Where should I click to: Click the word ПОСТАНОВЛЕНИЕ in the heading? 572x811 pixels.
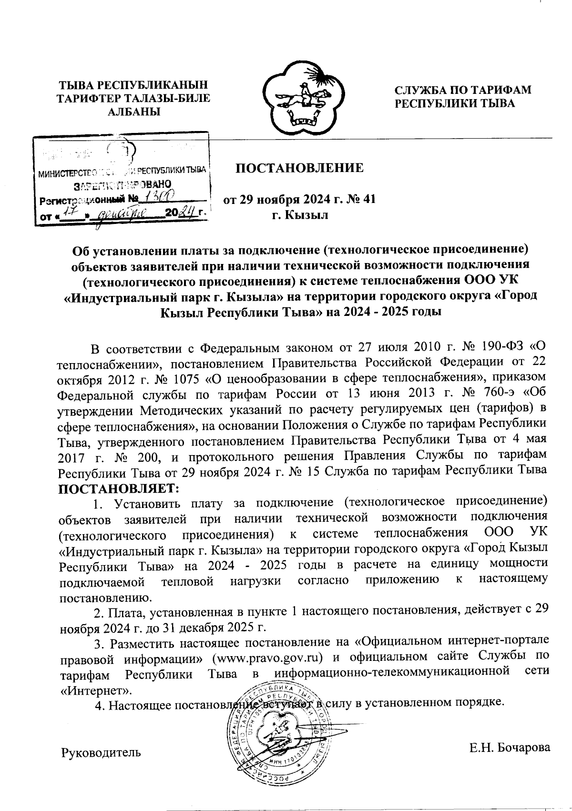(300, 168)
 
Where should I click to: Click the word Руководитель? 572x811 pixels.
(101, 752)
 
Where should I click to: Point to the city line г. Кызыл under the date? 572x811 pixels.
(300, 215)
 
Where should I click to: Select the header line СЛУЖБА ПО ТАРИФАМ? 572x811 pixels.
(462, 90)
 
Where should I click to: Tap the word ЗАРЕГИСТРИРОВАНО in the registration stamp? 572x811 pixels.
(123, 184)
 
